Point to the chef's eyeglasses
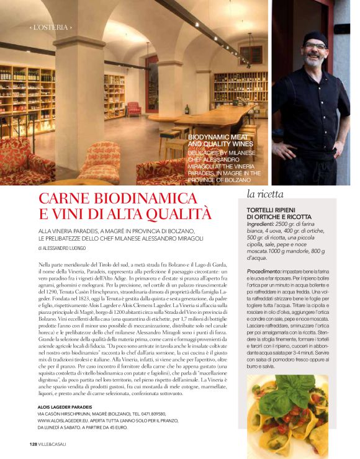coord(315,46)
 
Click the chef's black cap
coord(315,35)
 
